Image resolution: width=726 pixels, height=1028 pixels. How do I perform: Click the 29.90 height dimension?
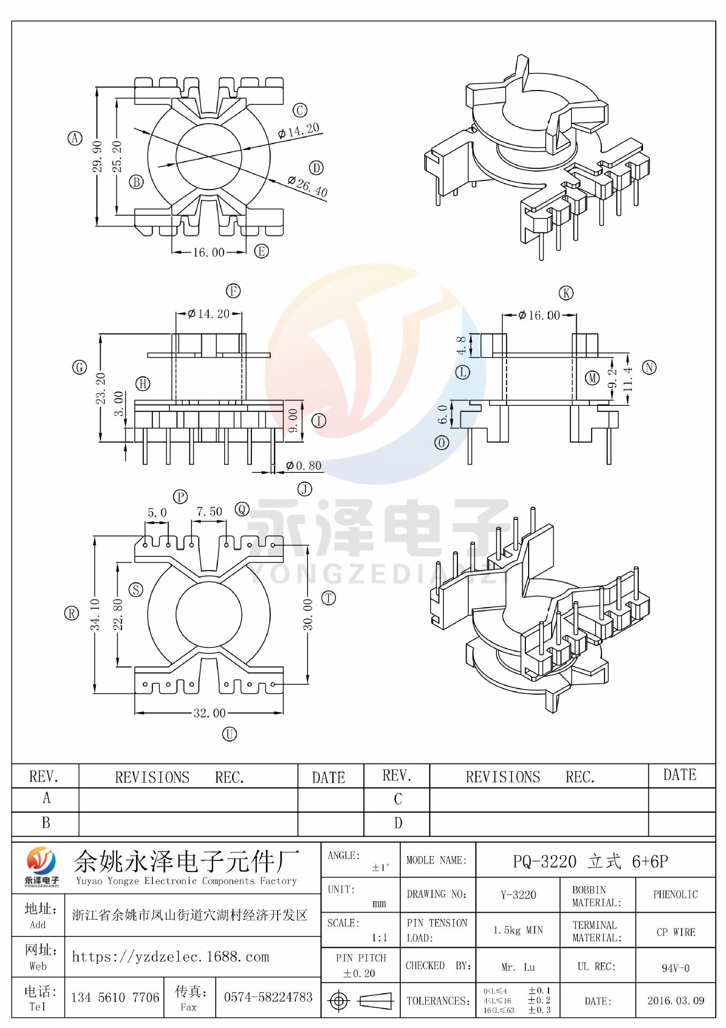coord(97,156)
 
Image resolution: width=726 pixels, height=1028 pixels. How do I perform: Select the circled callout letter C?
coord(300,110)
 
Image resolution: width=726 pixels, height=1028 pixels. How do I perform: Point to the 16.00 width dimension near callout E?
coord(208,252)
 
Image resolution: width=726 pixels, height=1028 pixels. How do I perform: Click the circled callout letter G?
coord(79,367)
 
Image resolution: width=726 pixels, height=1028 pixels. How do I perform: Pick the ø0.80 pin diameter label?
coord(304,466)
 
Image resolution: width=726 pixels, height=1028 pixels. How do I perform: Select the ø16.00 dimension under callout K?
coord(539,315)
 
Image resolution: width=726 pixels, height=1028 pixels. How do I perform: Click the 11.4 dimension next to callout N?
coord(628,379)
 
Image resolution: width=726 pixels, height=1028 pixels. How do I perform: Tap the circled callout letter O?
coord(441,443)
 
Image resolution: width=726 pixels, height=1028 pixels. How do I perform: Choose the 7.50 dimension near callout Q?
coord(209,511)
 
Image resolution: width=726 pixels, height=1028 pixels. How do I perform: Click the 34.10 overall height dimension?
coord(95,614)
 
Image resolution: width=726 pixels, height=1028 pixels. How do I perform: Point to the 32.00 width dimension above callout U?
coord(209,713)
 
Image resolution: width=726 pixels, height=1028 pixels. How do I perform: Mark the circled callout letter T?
coord(328,598)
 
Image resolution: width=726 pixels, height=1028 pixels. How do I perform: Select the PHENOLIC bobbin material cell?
coord(675,895)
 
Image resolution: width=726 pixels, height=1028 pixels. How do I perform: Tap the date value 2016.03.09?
coord(675,1001)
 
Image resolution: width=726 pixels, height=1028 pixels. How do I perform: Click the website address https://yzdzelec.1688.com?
coord(171,957)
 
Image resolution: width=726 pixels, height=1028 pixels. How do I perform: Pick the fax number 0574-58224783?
coord(268,997)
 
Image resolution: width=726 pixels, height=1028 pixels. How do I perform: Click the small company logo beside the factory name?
coord(41,866)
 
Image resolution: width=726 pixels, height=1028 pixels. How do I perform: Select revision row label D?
coord(398,823)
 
